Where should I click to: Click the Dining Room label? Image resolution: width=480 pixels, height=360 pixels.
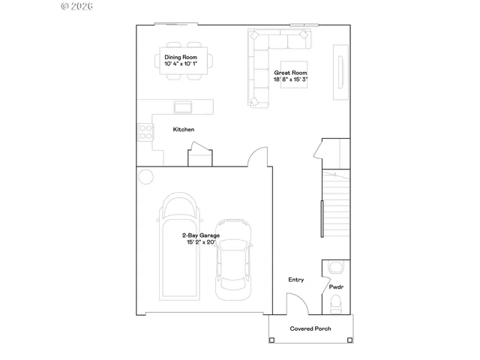pyautogui.click(x=181, y=57)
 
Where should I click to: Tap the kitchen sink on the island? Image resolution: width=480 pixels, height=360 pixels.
pyautogui.click(x=183, y=106)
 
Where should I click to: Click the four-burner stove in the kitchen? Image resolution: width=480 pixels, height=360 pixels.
pyautogui.click(x=145, y=132)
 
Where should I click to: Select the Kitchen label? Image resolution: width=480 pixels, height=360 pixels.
pyautogui.click(x=184, y=130)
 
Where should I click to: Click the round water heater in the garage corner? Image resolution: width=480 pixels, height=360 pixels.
pyautogui.click(x=145, y=176)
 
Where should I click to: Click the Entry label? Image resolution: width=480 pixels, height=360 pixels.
pyautogui.click(x=296, y=280)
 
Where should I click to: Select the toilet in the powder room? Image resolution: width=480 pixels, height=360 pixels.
pyautogui.click(x=335, y=302)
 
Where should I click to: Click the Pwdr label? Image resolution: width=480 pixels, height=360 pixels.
pyautogui.click(x=336, y=287)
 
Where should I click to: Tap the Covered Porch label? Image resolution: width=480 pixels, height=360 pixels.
pyautogui.click(x=310, y=328)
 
